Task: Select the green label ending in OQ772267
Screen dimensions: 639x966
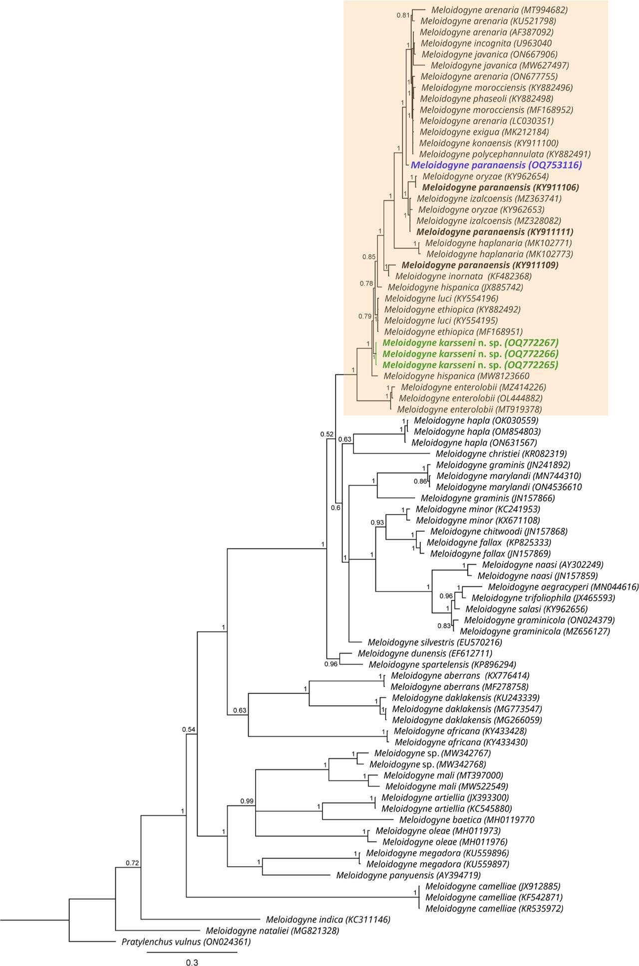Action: pyautogui.click(x=470, y=343)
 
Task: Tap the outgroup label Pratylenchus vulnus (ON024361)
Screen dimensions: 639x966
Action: pyautogui.click(x=186, y=942)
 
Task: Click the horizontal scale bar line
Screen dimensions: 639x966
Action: pyautogui.click(x=192, y=952)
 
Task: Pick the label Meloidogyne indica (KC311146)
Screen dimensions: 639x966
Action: pyautogui.click(x=328, y=919)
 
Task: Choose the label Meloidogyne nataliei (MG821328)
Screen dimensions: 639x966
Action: pyautogui.click(x=273, y=931)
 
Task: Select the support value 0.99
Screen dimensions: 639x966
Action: pyautogui.click(x=247, y=801)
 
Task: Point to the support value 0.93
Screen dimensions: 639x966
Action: pyautogui.click(x=377, y=523)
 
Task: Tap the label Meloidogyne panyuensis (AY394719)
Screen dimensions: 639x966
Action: pyautogui.click(x=408, y=875)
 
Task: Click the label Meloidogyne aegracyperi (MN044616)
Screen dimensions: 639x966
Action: pyautogui.click(x=563, y=587)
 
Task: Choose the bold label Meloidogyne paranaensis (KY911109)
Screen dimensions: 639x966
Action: pyautogui.click(x=480, y=265)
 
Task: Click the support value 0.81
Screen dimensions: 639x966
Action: pyautogui.click(x=403, y=15)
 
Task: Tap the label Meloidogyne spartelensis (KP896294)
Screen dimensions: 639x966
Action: pyautogui.click(x=442, y=664)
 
